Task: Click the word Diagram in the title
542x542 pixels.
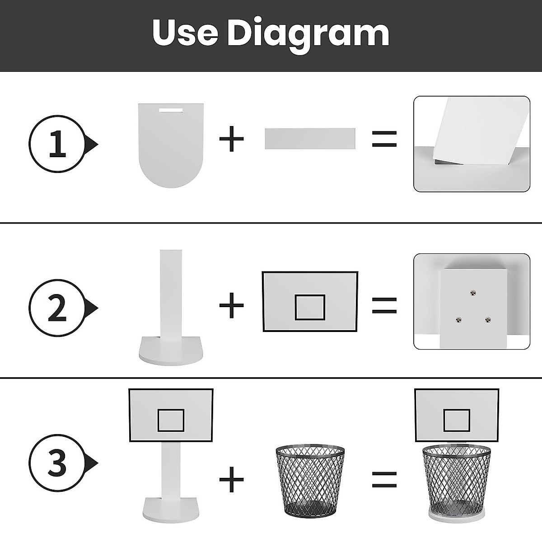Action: click(x=308, y=35)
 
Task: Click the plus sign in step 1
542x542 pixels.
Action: click(x=231, y=139)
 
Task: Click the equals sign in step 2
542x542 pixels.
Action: click(x=384, y=305)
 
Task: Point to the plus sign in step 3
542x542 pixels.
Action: click(x=231, y=480)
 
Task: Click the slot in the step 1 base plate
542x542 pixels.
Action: click(x=171, y=110)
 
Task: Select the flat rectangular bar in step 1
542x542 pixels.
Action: click(x=310, y=139)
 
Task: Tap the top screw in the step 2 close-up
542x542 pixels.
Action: click(x=473, y=294)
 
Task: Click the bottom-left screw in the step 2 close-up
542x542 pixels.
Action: click(x=459, y=320)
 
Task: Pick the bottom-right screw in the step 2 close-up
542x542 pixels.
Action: click(x=488, y=320)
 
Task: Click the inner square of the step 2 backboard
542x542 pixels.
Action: click(x=310, y=307)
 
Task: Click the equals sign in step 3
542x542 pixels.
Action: click(x=384, y=480)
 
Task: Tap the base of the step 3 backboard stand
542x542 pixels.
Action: click(x=171, y=509)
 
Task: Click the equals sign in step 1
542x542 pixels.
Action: click(x=384, y=139)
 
